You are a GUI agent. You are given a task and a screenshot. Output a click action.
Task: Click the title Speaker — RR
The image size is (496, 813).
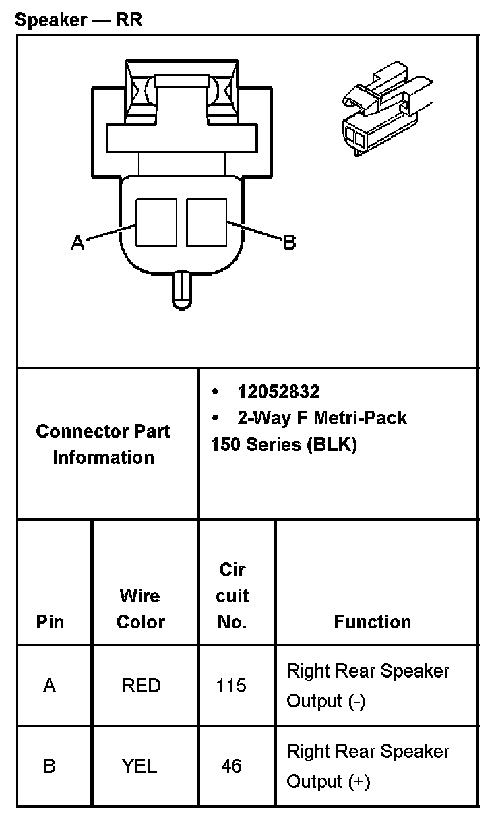point(78,20)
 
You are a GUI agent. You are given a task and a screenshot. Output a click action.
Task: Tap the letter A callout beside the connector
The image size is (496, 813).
point(78,243)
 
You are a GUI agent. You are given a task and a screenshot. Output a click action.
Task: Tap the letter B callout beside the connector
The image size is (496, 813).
point(289,242)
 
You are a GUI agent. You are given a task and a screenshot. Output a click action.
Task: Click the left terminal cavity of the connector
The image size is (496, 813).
point(156,222)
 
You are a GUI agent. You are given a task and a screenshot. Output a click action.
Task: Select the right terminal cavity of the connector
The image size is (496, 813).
point(207,222)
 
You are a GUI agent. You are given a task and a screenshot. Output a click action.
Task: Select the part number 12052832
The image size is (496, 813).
point(278,392)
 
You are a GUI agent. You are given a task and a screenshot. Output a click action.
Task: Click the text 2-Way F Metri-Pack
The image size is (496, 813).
point(321,418)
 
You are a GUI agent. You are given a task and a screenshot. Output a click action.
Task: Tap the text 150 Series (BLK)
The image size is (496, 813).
point(283,445)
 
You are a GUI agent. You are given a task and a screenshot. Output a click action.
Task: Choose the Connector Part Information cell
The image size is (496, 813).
point(103,444)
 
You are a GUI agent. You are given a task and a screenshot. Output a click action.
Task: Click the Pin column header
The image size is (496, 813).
point(51,622)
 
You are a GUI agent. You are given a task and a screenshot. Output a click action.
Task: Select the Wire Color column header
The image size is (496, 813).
point(140,608)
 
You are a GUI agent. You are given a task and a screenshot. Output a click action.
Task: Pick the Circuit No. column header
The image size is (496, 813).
point(233,595)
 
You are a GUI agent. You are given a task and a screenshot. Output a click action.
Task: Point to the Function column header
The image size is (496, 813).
point(372,622)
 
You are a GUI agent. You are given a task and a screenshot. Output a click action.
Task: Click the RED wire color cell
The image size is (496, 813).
point(142,686)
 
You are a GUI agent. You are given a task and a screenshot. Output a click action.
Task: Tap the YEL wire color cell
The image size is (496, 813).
point(139,766)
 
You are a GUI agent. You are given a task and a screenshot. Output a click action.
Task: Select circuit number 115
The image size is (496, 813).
point(231,686)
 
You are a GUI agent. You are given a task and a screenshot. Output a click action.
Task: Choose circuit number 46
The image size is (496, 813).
point(231,766)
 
